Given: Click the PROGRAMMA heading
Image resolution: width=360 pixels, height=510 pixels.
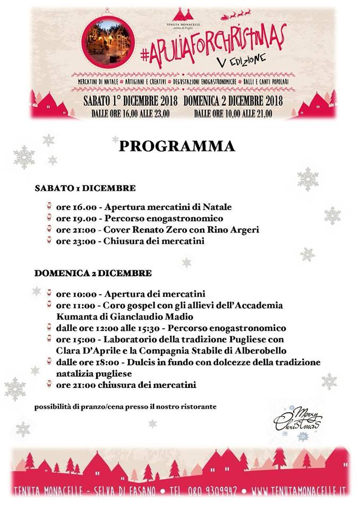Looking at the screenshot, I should tap(177, 146).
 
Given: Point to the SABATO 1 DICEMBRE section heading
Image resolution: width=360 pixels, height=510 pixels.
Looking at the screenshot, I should tap(84, 188).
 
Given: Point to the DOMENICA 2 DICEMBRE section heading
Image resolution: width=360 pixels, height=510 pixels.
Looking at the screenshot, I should tap(93, 273).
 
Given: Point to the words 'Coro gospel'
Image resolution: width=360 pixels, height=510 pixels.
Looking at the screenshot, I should tap(127, 305).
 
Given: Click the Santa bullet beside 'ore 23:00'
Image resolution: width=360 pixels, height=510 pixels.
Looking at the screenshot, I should tap(49, 241).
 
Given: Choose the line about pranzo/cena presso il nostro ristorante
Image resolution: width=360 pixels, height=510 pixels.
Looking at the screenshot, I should tap(125, 407).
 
